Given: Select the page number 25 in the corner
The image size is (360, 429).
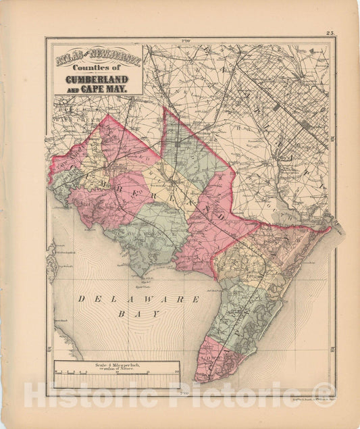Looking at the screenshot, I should click(330, 32).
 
